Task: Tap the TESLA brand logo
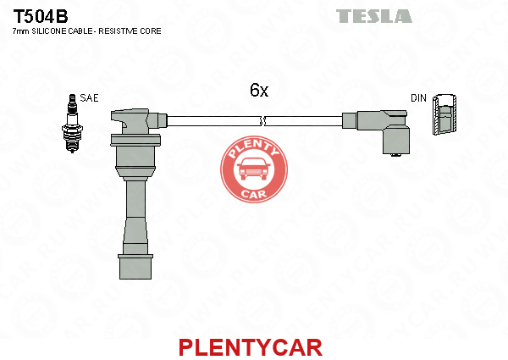pos(373,16)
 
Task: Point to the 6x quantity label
pos(259,89)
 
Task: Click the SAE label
pos(89,98)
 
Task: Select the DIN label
pos(418,98)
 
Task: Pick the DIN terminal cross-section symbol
pos(444,116)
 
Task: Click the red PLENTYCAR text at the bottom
pos(250,347)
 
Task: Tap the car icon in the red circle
pos(252,171)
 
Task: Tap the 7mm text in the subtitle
pos(21,30)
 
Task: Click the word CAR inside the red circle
pos(252,194)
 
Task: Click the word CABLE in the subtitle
pos(89,30)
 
